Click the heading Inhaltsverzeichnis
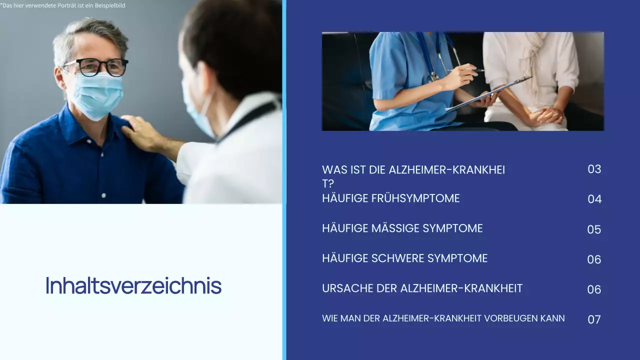click(x=133, y=285)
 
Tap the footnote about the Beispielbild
click(x=62, y=5)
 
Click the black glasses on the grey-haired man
click(x=95, y=67)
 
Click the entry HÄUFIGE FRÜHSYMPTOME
click(x=390, y=198)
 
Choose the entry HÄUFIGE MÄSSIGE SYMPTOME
click(x=402, y=228)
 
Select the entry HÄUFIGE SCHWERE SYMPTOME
click(x=404, y=258)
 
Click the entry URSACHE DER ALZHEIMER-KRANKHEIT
click(x=422, y=288)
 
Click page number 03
click(x=594, y=169)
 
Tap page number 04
click(x=594, y=199)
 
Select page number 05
click(x=594, y=229)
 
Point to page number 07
click(x=594, y=319)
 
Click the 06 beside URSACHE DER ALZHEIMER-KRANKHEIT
click(x=594, y=289)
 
